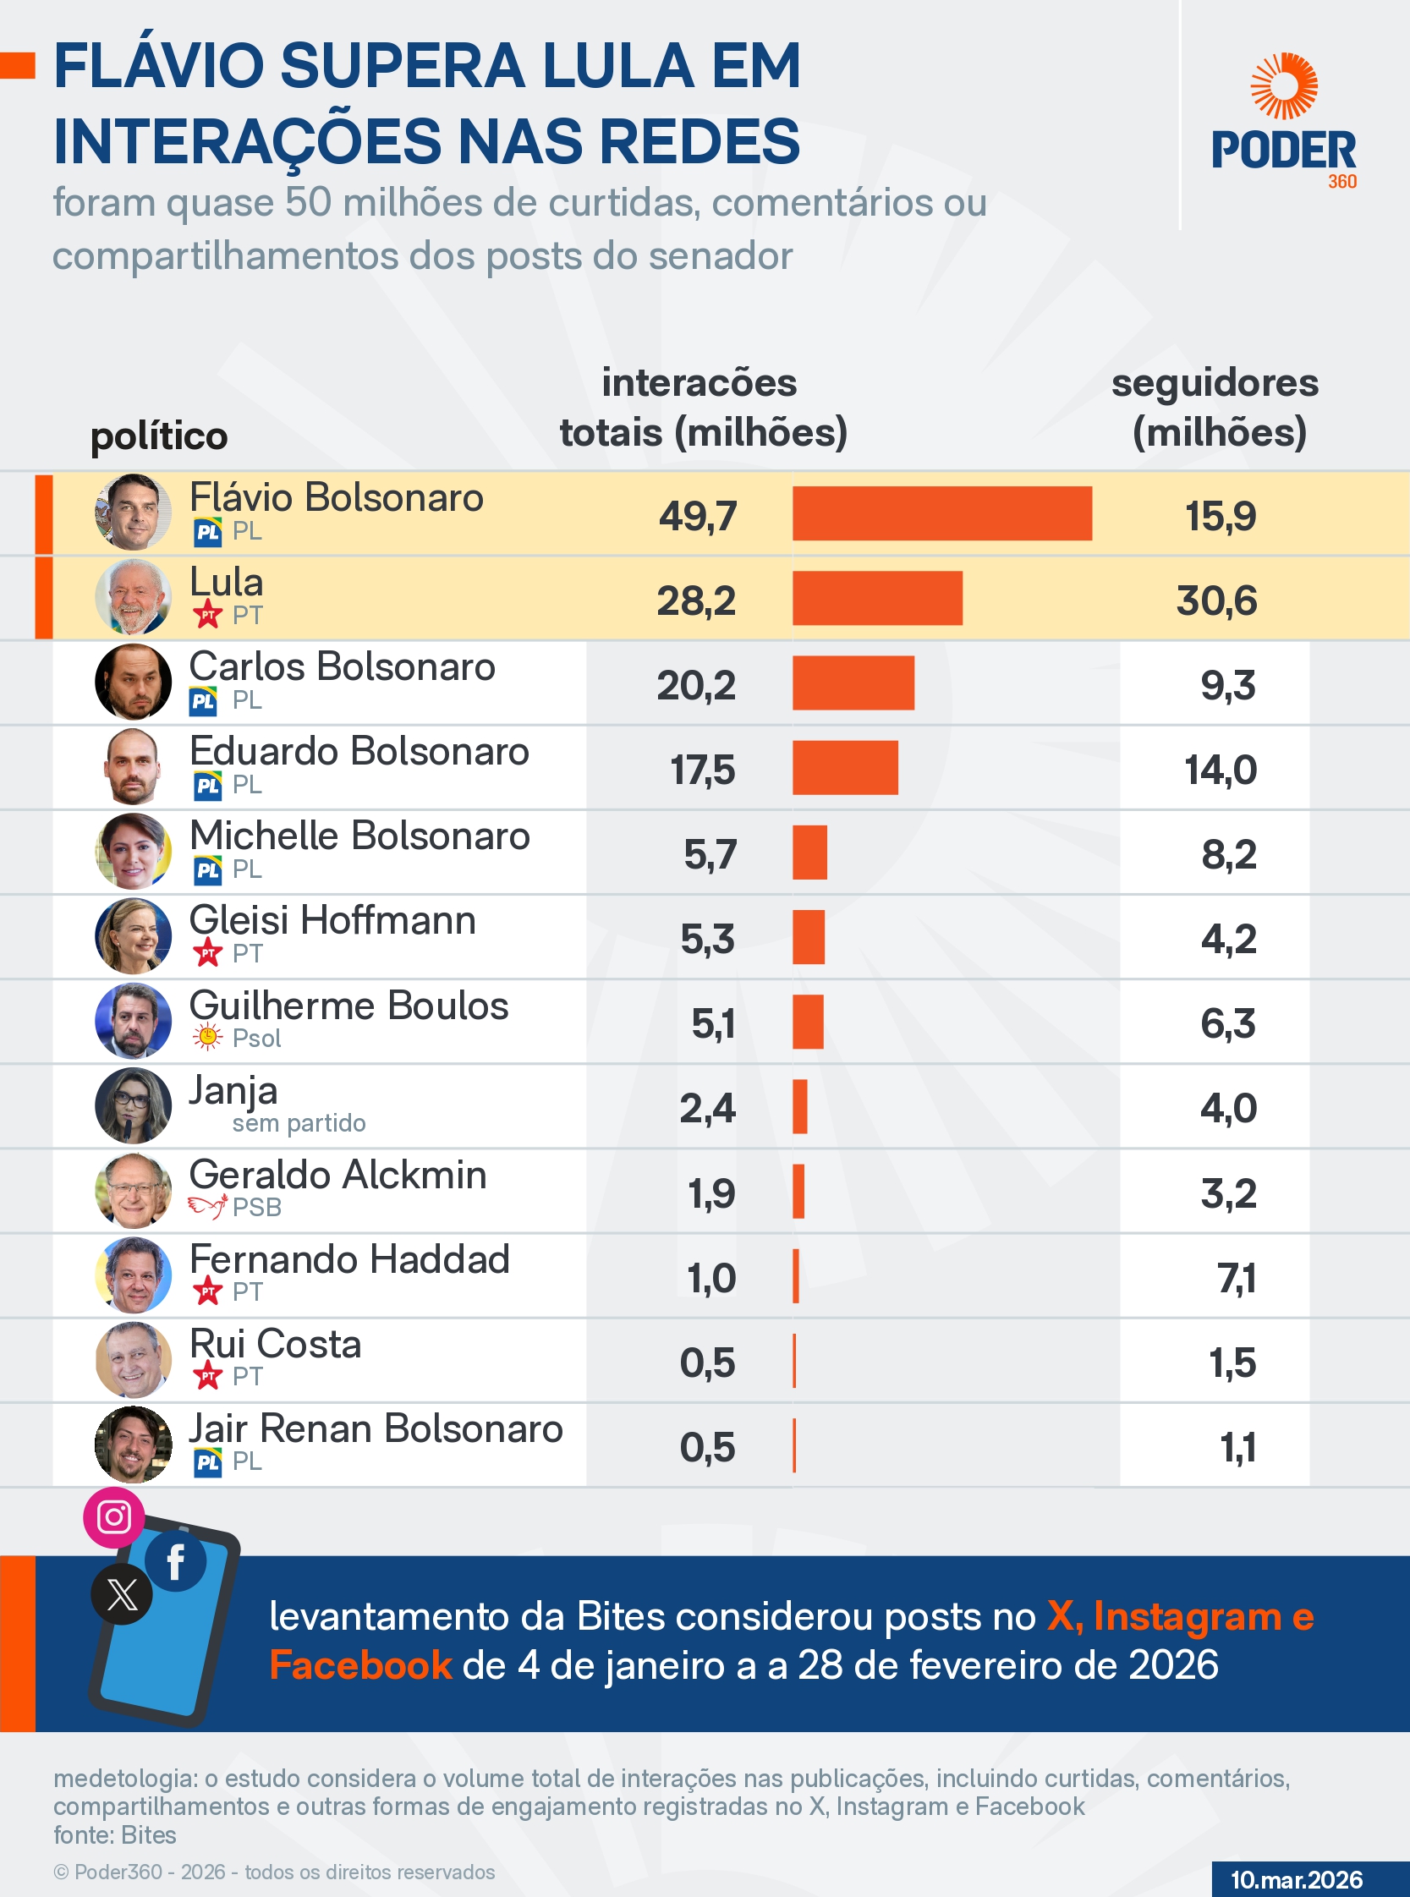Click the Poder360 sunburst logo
pyautogui.click(x=1284, y=87)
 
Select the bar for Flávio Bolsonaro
pyautogui.click(x=941, y=513)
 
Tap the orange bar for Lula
pyautogui.click(x=876, y=598)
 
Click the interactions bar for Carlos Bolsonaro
pyautogui.click(x=853, y=683)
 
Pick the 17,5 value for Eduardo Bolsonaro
pyautogui.click(x=702, y=770)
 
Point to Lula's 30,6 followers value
pyautogui.click(x=1216, y=600)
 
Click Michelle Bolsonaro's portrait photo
pyautogui.click(x=133, y=851)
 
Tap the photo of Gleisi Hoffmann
pyautogui.click(x=133, y=936)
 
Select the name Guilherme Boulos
pyautogui.click(x=348, y=1006)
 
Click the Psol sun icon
pyautogui.click(x=207, y=1037)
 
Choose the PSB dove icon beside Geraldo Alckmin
pyautogui.click(x=207, y=1206)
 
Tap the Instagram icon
pyautogui.click(x=114, y=1516)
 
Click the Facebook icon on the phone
pyautogui.click(x=176, y=1561)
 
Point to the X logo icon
pyautogui.click(x=122, y=1594)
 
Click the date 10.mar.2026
pyautogui.click(x=1296, y=1879)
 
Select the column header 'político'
pyautogui.click(x=159, y=436)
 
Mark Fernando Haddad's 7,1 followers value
pyautogui.click(x=1236, y=1278)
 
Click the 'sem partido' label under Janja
pyautogui.click(x=299, y=1123)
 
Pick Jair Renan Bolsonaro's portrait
pyautogui.click(x=133, y=1444)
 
